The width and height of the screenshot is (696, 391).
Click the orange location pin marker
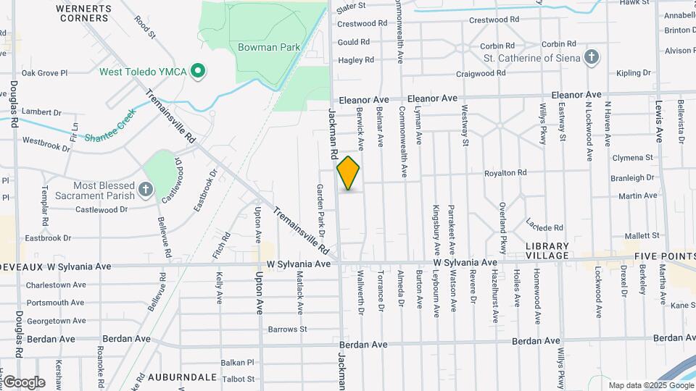(x=348, y=173)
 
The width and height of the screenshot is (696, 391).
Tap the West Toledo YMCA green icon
(x=196, y=72)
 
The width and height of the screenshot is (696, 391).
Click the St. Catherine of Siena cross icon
(x=592, y=58)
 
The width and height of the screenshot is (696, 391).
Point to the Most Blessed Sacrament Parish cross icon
(x=146, y=190)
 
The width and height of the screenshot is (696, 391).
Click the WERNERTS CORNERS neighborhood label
(x=86, y=14)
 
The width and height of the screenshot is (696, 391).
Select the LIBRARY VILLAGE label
(x=547, y=251)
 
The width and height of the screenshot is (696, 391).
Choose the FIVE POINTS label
(x=663, y=256)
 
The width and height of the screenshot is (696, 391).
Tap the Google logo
(x=24, y=382)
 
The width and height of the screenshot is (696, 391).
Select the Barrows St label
(x=288, y=329)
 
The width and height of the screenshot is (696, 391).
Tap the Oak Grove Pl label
(x=44, y=73)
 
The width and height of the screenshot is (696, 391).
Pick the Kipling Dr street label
(x=634, y=73)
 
